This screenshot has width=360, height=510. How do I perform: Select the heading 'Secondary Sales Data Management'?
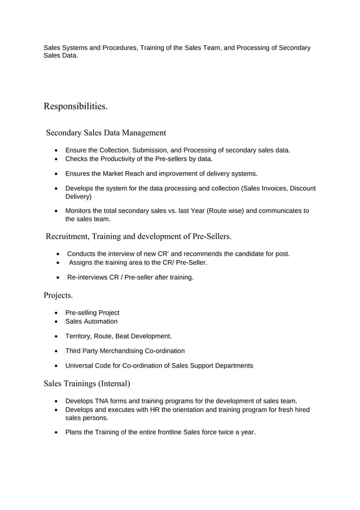106,133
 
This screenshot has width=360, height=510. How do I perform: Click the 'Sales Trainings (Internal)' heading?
87,383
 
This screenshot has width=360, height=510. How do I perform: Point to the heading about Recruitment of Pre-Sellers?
138,236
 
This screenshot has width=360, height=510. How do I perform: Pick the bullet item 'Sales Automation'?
91,321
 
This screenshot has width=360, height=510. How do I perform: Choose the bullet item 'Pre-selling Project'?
92,312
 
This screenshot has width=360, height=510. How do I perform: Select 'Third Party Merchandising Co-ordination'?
125,351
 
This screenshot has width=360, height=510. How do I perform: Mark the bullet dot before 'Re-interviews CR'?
59,277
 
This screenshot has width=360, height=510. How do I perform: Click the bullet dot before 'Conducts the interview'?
59,254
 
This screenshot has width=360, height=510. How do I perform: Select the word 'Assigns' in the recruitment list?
82,263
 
